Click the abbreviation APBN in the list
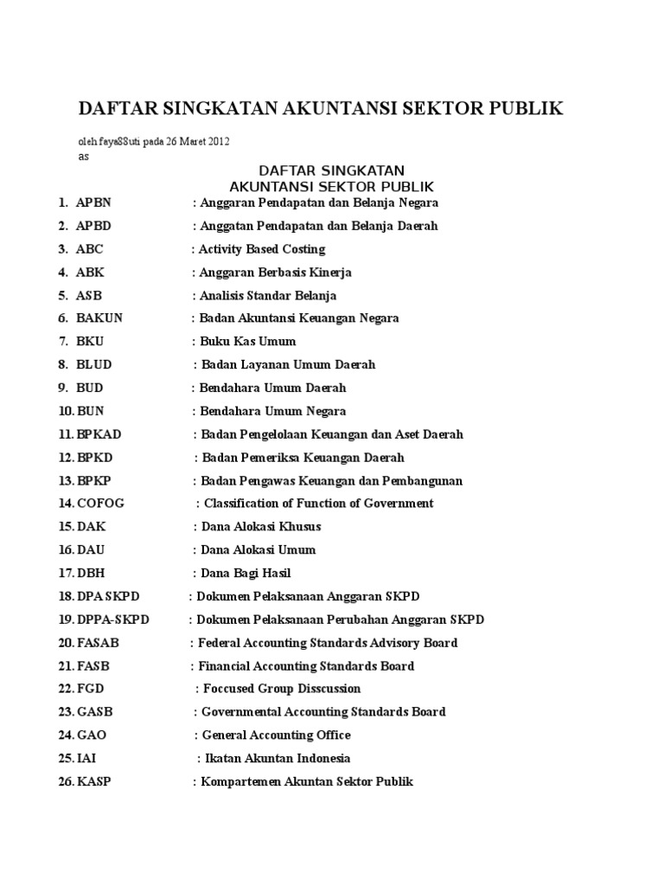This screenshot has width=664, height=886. (x=93, y=202)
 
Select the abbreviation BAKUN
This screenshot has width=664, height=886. (x=99, y=318)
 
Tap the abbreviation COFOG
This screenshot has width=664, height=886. (x=102, y=504)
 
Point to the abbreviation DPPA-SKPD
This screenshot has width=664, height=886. (x=112, y=620)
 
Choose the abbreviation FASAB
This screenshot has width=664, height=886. (x=99, y=643)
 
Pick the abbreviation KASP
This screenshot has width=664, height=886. (x=94, y=781)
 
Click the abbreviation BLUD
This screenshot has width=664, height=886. (x=94, y=364)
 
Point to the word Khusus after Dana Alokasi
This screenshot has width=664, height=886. (x=297, y=527)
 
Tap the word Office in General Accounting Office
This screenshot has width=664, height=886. (x=332, y=735)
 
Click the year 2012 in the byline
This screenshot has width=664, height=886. (x=217, y=140)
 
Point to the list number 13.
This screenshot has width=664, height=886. (x=66, y=480)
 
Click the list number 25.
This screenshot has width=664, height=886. (x=66, y=758)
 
